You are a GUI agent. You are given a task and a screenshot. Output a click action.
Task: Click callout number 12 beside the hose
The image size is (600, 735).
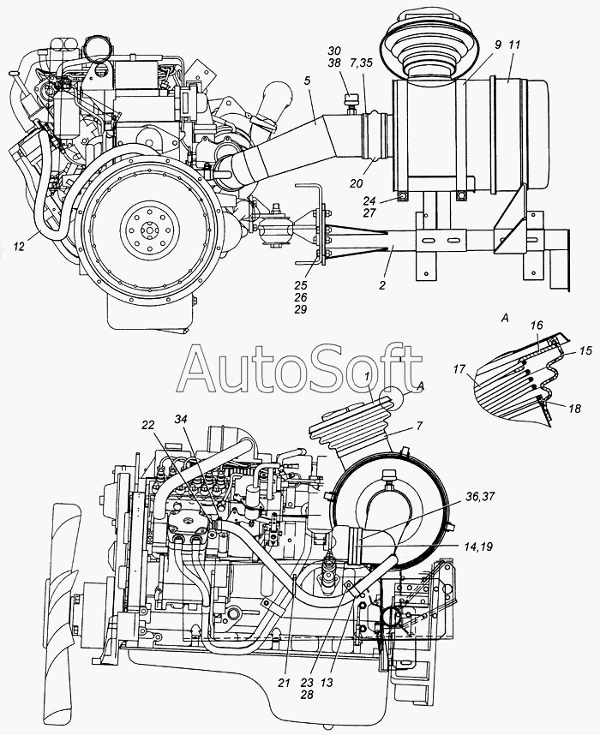[x=19, y=246]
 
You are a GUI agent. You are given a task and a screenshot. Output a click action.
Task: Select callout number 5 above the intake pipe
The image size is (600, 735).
[x=307, y=81]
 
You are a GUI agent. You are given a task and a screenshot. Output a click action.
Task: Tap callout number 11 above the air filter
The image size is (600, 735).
[x=514, y=45]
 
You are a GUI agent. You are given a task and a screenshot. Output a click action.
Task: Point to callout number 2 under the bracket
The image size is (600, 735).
[x=382, y=284]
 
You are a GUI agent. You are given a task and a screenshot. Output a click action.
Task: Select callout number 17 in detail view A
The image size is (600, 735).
[x=459, y=370]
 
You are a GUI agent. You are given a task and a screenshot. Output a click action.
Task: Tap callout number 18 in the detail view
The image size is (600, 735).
[x=574, y=409]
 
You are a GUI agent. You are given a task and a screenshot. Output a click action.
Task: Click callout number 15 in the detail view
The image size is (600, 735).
[x=585, y=350]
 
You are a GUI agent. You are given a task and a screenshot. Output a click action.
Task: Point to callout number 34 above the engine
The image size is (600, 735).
[x=181, y=419]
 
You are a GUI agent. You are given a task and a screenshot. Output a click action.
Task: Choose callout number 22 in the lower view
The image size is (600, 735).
[x=147, y=424]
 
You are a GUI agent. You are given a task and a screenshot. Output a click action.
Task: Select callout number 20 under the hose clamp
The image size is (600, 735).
[x=356, y=183]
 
